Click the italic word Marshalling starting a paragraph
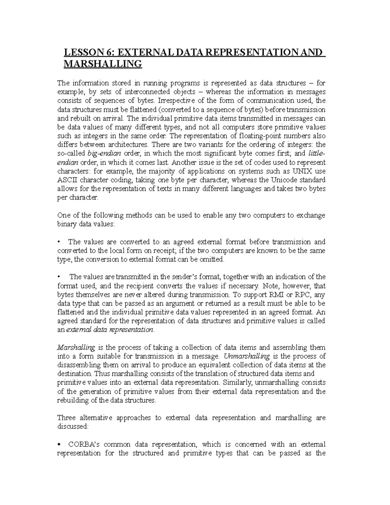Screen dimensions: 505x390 (x=76, y=347)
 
